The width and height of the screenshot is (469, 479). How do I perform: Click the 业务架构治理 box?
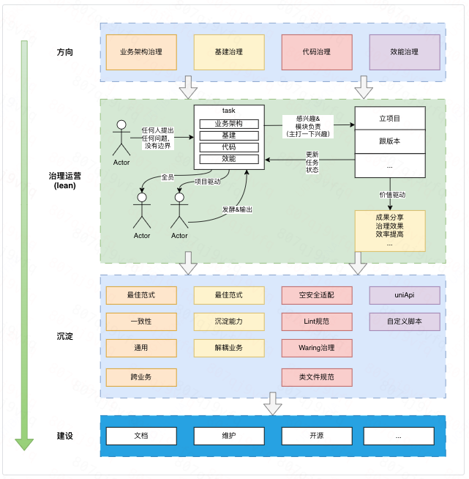[x=141, y=52]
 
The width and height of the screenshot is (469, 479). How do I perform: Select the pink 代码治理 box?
[x=316, y=52]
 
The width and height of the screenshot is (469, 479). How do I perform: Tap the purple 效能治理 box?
[x=405, y=52]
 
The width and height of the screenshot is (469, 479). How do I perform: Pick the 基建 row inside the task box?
[x=229, y=135]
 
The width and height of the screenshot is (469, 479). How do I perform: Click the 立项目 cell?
[x=389, y=118]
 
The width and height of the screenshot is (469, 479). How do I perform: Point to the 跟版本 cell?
[x=389, y=141]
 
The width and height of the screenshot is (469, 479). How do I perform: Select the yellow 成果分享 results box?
[x=389, y=231]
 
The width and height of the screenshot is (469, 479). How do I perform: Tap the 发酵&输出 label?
[x=237, y=209]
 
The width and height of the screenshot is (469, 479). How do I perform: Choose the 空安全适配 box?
[x=316, y=295]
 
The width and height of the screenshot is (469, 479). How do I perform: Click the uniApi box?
[x=405, y=295]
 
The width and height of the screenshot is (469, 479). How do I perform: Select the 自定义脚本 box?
[x=405, y=321]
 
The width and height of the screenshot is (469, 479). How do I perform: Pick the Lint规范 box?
[x=316, y=321]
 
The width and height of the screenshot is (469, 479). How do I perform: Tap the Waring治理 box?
[x=316, y=347]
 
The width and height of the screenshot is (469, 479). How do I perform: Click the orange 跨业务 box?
[x=141, y=377]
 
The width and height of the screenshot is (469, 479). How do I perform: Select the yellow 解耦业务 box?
[x=229, y=347]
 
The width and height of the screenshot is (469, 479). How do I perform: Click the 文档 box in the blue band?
[x=141, y=436]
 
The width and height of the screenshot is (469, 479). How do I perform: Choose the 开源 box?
[x=316, y=436]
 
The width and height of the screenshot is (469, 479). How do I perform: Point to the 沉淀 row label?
[x=64, y=336]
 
